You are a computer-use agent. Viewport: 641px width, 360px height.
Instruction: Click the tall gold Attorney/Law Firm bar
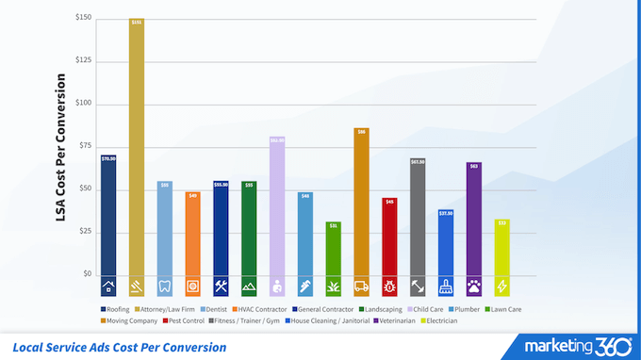pos(137,151)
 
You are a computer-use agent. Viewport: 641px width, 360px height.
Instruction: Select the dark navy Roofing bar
pos(108,217)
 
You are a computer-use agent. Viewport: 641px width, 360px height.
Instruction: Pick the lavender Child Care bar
pos(277,207)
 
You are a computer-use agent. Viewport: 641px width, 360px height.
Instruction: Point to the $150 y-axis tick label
pos(84,18)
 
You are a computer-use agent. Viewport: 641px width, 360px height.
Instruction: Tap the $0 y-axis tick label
pos(87,274)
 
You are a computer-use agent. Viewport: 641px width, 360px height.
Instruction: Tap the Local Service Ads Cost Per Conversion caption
pos(120,347)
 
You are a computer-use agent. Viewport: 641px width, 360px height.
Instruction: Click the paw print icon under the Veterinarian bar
pos(473,286)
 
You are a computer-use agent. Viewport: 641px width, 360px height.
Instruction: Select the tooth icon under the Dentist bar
pos(164,286)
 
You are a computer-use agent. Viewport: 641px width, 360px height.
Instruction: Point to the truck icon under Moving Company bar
pos(361,286)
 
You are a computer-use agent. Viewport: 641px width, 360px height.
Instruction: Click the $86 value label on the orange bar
pos(361,132)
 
